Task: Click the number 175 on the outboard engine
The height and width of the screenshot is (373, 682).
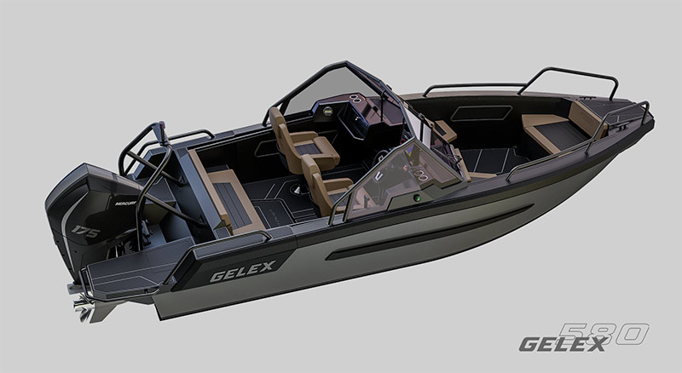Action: pyautogui.click(x=85, y=232)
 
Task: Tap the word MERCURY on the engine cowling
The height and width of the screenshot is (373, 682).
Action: pyautogui.click(x=125, y=203)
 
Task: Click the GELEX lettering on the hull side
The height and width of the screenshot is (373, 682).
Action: pyautogui.click(x=243, y=271)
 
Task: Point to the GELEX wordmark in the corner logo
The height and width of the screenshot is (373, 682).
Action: pyautogui.click(x=563, y=344)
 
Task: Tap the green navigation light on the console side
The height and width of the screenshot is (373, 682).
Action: pyautogui.click(x=417, y=199)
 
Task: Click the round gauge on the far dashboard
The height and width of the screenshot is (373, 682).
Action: pyautogui.click(x=328, y=111)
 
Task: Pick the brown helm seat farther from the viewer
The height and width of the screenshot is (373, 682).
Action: pyautogui.click(x=303, y=139)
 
